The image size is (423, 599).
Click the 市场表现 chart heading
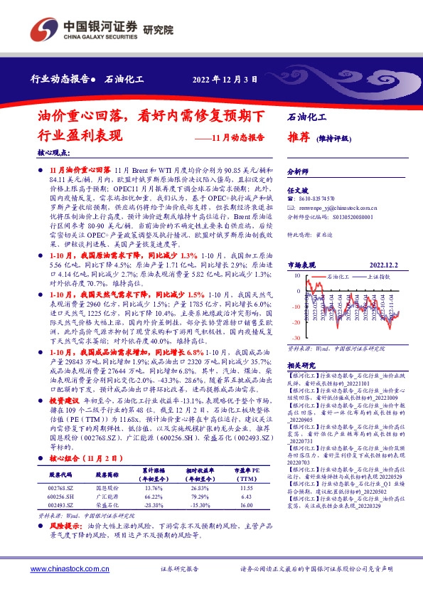click(301, 264)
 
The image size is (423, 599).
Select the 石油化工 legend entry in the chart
click(338, 274)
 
